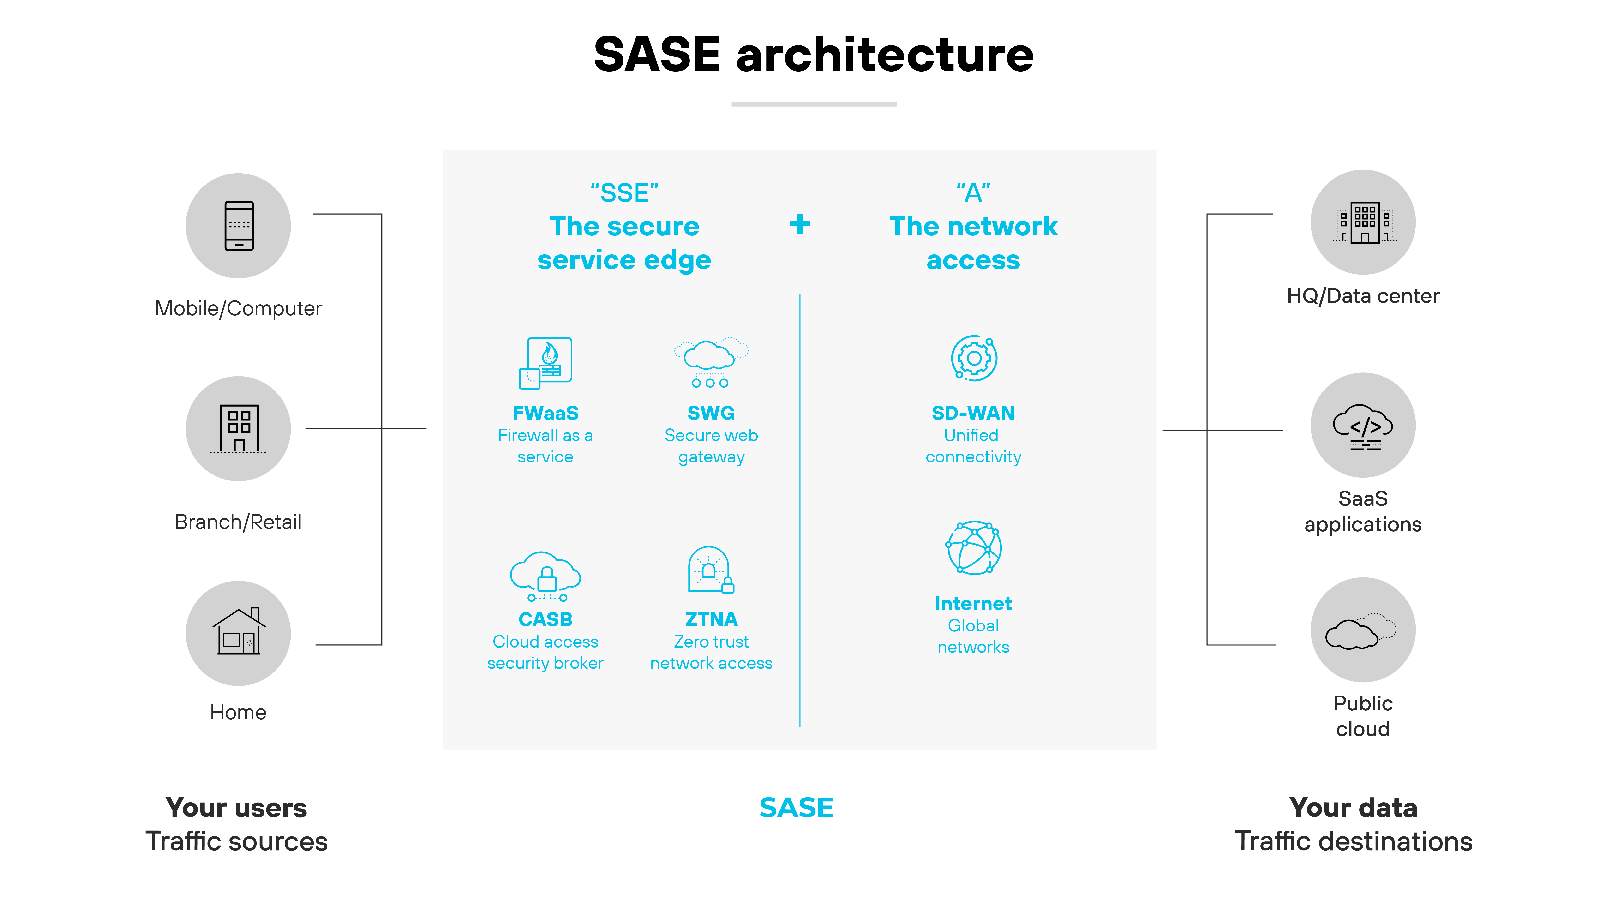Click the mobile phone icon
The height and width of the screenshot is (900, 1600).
(239, 225)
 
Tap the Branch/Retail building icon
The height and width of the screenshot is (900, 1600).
(239, 429)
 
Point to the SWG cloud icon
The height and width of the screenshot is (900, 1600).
(711, 362)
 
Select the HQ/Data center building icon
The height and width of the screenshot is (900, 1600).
(1363, 222)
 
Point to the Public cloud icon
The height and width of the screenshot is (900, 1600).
(1363, 630)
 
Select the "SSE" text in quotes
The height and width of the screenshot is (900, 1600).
(624, 193)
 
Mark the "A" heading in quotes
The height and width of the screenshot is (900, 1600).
(973, 193)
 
